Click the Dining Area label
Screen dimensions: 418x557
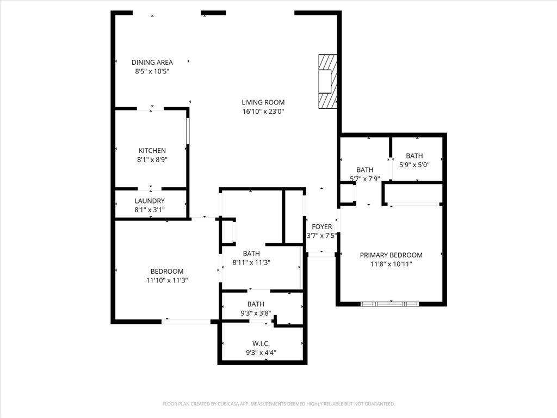click(x=152, y=63)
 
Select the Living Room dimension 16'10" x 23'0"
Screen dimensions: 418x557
click(x=263, y=112)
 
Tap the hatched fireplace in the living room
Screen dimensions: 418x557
click(x=328, y=82)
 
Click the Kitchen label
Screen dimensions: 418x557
click(x=152, y=151)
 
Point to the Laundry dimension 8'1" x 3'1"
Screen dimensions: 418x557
click(x=150, y=210)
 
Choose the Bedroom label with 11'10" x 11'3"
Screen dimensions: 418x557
click(x=167, y=272)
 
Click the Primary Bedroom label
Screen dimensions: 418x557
click(x=391, y=255)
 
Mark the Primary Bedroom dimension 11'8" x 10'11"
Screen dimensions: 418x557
click(x=391, y=264)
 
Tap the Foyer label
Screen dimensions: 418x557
click(x=322, y=227)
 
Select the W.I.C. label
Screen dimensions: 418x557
click(x=261, y=343)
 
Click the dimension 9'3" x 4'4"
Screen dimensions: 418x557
click(x=261, y=352)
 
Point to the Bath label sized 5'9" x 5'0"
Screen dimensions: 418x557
click(x=414, y=156)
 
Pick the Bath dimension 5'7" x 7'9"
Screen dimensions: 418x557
click(x=364, y=179)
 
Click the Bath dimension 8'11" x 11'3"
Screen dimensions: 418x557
click(x=251, y=262)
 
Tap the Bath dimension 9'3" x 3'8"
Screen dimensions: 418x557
click(x=256, y=313)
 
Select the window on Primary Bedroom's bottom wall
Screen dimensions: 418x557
click(x=390, y=303)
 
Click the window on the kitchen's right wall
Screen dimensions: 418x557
click(x=188, y=130)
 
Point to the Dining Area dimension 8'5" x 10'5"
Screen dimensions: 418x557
click(x=152, y=71)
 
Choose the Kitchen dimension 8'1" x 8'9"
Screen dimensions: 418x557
click(x=152, y=160)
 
